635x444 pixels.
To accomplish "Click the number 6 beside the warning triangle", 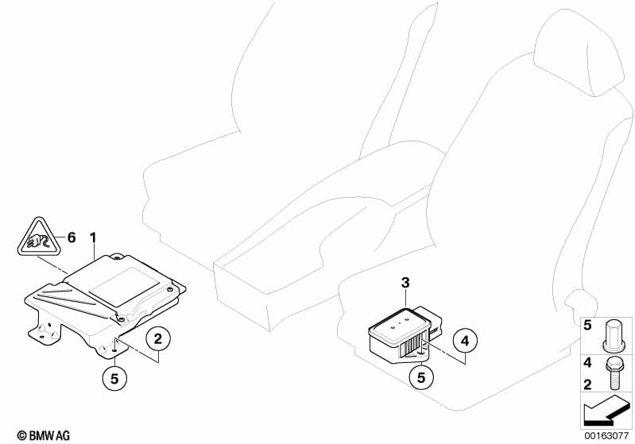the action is pos(72,237).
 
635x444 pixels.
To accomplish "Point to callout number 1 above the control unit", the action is pos(94,237).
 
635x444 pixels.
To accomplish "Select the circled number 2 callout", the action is pos(157,338).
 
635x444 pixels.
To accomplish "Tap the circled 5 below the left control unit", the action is pos(114,379).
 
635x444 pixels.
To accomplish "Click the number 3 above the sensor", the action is pos(405,283).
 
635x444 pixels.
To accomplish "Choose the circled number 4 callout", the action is pos(465,341).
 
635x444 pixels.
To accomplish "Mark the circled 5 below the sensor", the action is pos(421,377).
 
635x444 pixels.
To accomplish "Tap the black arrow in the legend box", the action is pos(606,410).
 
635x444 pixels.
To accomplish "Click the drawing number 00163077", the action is pos(606,435).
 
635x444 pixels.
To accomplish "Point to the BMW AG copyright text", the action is pos(44,435).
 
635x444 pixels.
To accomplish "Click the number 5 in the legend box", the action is pos(587,325).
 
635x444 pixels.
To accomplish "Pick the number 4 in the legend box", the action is pos(587,363).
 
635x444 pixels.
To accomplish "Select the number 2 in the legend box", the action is pos(587,384).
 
